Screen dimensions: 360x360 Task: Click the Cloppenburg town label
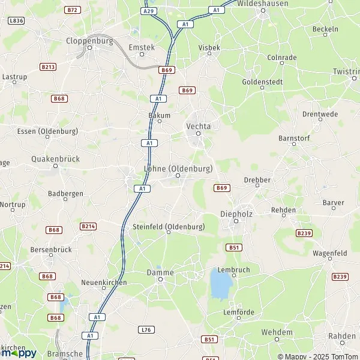89,42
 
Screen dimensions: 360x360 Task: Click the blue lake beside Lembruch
220,284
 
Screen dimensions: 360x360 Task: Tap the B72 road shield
73,10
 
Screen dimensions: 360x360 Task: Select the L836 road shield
16,20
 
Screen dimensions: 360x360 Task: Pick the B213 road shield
47,67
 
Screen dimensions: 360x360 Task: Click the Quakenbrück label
55,159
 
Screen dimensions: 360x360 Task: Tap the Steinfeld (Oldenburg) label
168,227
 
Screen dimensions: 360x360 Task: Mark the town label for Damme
160,272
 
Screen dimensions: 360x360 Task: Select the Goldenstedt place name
262,81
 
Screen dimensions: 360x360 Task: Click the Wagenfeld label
330,254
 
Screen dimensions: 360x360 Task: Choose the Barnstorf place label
292,138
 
